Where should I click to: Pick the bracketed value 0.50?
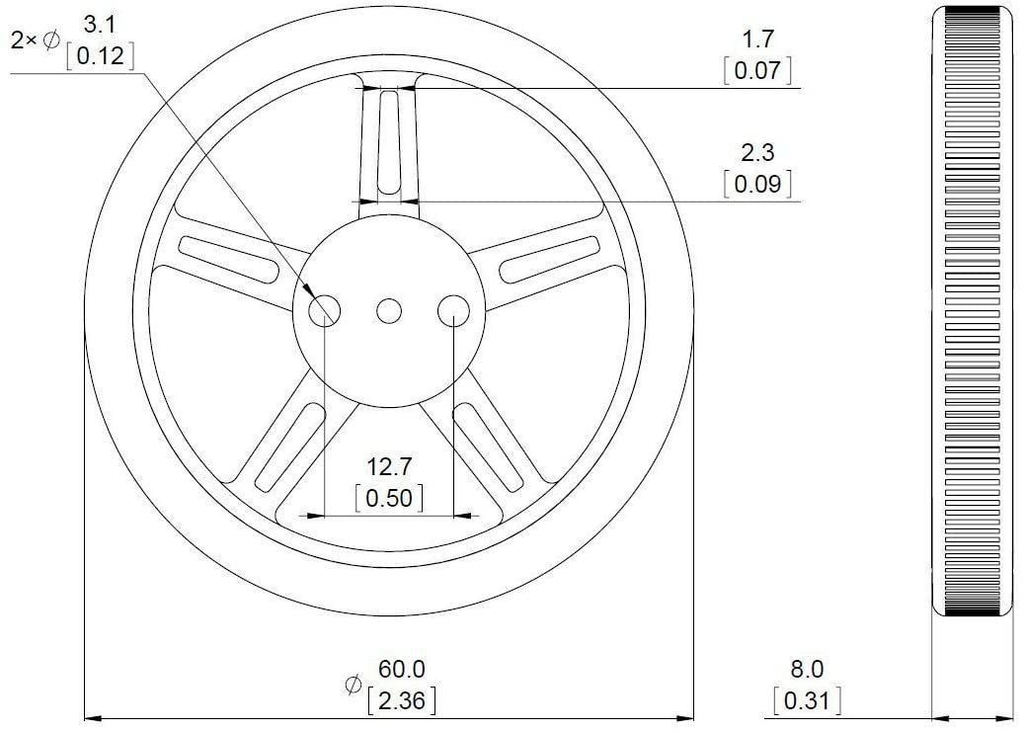(x=388, y=498)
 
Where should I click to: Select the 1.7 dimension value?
(x=757, y=41)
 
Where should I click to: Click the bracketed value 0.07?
(x=757, y=70)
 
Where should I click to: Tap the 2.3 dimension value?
(x=757, y=153)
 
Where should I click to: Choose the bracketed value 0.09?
(x=757, y=184)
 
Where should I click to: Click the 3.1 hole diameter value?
(x=99, y=23)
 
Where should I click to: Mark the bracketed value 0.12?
(x=99, y=55)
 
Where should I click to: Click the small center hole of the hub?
(x=389, y=311)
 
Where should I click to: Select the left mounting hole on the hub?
(x=325, y=311)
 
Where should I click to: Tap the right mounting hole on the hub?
(x=453, y=311)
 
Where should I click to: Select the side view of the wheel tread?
(x=974, y=311)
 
